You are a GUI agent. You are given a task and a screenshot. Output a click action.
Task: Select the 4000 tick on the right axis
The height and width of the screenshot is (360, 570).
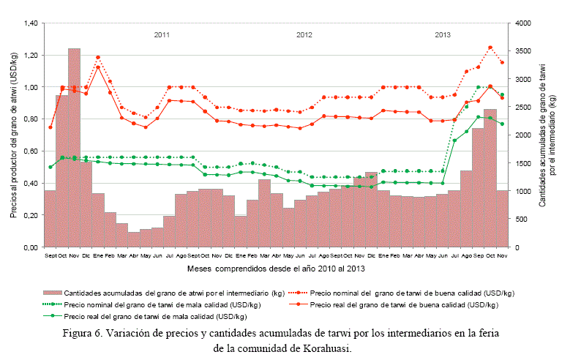tap(522, 23)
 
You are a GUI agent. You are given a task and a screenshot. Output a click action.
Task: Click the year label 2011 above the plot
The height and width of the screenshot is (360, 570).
tap(162, 34)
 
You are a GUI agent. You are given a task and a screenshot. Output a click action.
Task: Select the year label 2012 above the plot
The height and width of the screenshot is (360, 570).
tap(304, 34)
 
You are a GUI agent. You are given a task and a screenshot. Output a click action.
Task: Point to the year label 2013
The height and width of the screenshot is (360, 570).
tap(443, 34)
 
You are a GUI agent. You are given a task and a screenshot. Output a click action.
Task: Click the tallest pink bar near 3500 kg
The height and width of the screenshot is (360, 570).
tap(74, 146)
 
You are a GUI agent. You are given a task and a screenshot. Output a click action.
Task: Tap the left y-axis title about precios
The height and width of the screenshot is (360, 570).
tap(13, 135)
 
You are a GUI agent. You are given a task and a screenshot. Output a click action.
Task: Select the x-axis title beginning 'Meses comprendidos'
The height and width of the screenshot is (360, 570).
tap(276, 269)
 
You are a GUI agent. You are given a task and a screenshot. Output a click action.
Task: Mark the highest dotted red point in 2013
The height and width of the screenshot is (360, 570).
tap(490, 48)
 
